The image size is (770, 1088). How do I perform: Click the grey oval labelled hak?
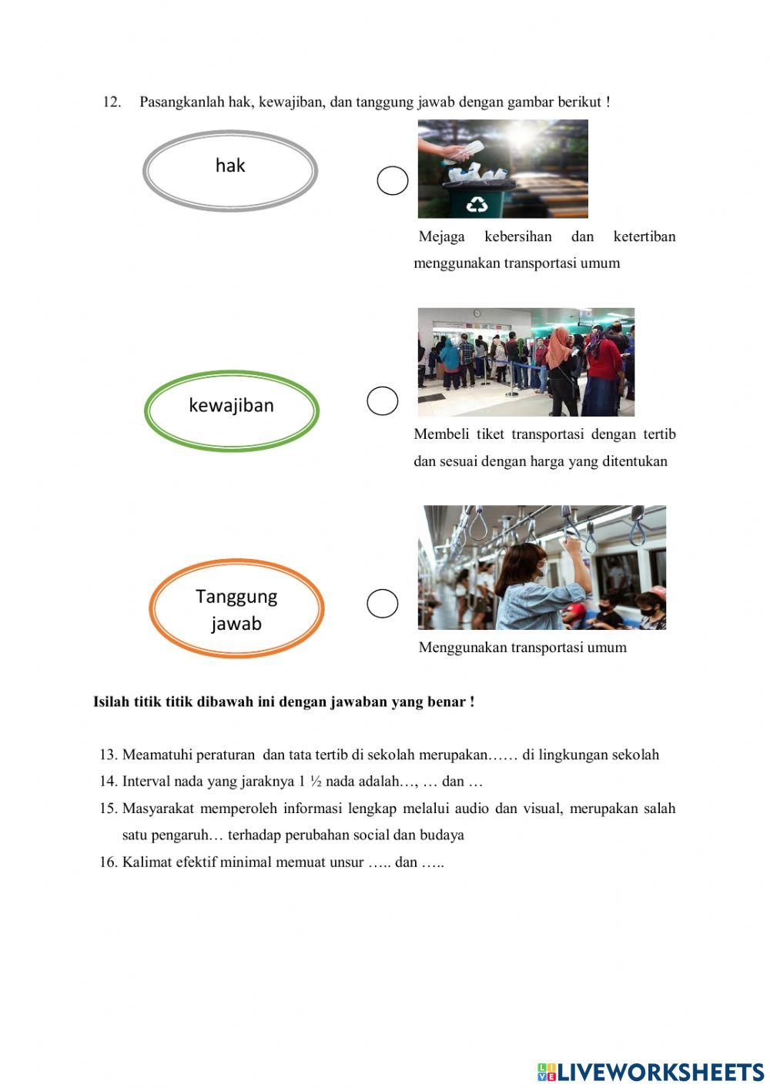point(229,170)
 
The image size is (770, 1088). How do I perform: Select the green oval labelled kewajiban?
point(231,410)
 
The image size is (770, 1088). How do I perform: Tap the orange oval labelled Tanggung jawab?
point(236,608)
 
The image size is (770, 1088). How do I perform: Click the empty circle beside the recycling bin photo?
point(392,181)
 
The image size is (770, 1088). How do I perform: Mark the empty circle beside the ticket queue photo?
point(382,400)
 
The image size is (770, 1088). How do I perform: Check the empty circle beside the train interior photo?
point(382,603)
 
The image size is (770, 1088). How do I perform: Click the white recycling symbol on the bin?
point(478,204)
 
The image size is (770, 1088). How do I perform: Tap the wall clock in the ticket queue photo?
point(477,313)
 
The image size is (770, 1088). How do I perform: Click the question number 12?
point(112,102)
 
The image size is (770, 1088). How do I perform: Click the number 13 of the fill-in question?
point(108,755)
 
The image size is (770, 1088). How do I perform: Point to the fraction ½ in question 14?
point(315,781)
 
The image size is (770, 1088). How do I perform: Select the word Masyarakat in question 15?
point(158,808)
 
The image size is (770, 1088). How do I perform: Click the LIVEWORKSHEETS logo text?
point(660,1071)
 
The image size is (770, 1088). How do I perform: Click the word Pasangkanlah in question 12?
point(182,102)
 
